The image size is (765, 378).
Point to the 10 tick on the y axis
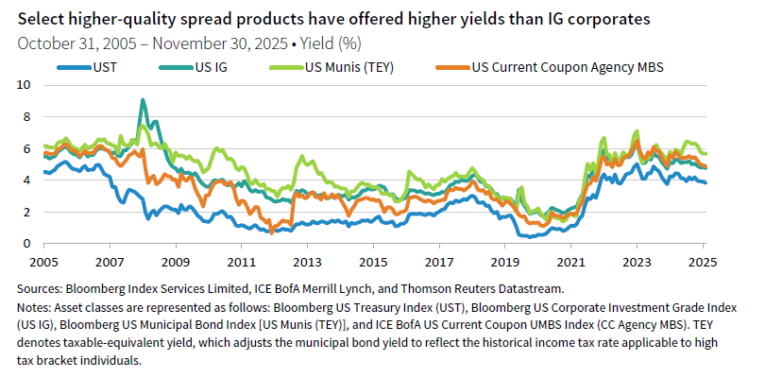[24, 85]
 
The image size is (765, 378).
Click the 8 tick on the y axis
[26, 117]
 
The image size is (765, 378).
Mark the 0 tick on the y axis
[26, 244]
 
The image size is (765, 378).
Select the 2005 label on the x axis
[43, 260]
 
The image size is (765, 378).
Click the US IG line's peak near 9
[143, 100]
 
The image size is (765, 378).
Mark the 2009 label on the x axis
[176, 260]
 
